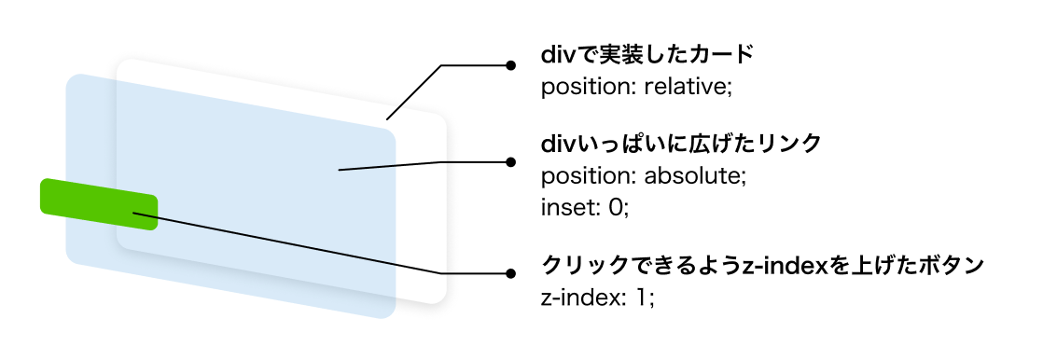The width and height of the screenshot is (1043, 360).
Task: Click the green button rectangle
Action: [x=99, y=204]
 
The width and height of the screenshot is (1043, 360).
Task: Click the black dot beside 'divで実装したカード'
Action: [x=510, y=65]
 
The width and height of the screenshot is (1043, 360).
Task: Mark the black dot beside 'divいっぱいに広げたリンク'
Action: [x=510, y=161]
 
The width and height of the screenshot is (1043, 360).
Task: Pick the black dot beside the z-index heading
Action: [x=510, y=273]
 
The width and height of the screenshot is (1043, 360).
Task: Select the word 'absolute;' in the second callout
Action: [x=699, y=175]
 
